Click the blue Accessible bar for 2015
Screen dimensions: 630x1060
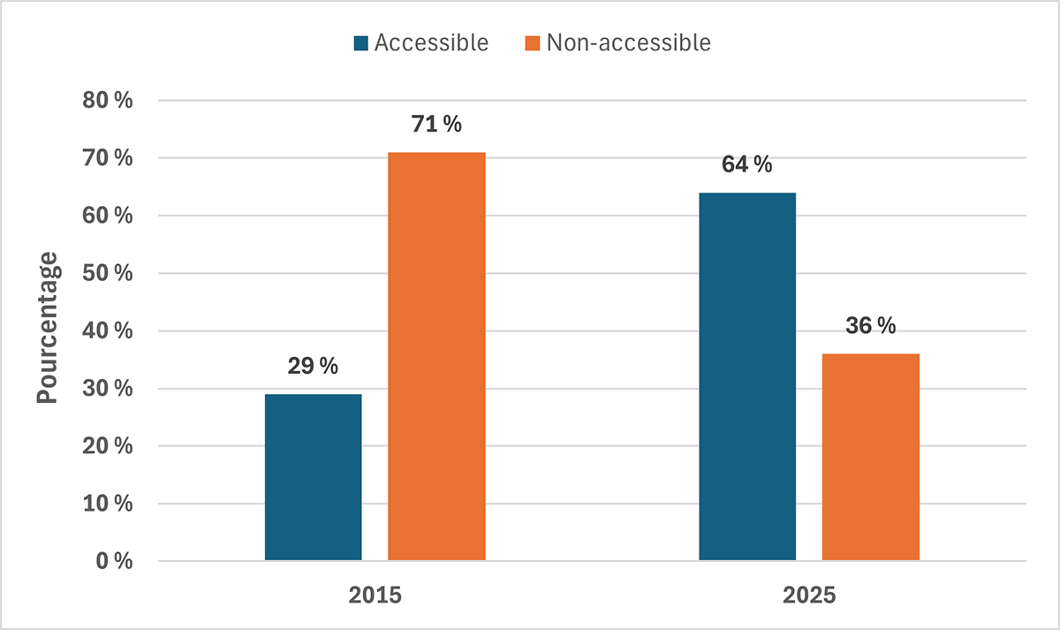tap(313, 477)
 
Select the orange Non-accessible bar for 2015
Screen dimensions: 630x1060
tap(436, 357)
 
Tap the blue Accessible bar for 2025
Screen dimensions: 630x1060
tap(747, 376)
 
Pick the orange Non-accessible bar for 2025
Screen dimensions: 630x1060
tap(871, 457)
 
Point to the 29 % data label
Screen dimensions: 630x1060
tap(313, 367)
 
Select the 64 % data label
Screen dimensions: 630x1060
tap(747, 165)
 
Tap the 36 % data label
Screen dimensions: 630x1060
tap(871, 326)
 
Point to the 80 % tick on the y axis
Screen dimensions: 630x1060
tap(108, 101)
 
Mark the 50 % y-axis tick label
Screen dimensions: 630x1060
tap(108, 274)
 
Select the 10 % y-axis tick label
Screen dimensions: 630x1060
tap(108, 505)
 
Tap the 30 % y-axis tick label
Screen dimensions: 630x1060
tap(108, 389)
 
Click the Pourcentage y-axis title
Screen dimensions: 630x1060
tap(48, 329)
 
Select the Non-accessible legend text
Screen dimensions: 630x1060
tap(628, 42)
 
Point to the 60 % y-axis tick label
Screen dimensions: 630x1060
tap(108, 216)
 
